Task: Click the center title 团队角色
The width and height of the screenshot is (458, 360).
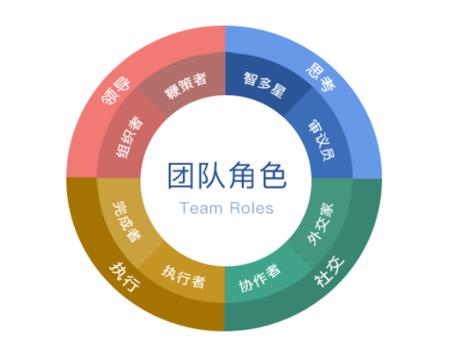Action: point(227,176)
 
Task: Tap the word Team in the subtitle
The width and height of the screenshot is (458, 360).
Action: point(201,208)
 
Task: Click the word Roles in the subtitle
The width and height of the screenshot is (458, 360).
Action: point(252,208)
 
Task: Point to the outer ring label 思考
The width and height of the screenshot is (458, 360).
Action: point(321,76)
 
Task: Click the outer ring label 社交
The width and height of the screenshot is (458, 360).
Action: point(329,271)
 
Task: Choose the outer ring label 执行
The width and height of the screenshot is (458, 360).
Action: point(125,277)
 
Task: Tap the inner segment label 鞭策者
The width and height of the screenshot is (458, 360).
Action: point(186,85)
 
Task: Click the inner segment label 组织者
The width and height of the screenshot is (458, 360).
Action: point(130,137)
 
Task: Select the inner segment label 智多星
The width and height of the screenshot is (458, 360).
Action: point(265,85)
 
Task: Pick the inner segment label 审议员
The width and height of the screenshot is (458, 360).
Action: point(322,140)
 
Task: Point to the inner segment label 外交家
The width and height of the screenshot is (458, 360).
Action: point(320,224)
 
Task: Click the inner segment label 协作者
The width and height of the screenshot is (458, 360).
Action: point(260,278)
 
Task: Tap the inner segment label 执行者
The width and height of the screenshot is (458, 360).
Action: point(184,276)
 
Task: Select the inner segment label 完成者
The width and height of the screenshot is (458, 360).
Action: point(127,222)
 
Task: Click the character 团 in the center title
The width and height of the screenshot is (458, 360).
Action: point(180,176)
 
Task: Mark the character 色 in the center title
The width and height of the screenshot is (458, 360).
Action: point(274,176)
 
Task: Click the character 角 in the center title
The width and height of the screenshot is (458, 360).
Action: point(242,176)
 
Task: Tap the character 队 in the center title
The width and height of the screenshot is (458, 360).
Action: point(211,176)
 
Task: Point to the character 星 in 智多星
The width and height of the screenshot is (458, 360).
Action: point(278,91)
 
